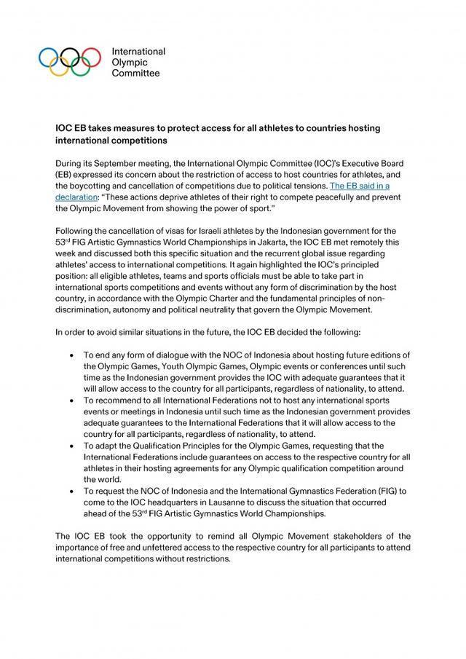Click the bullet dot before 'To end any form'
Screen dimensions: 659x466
(x=71, y=355)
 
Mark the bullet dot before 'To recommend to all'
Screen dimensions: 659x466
(x=71, y=400)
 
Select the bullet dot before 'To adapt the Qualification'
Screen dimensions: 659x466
(x=71, y=446)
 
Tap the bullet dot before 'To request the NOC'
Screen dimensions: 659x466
(x=71, y=492)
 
